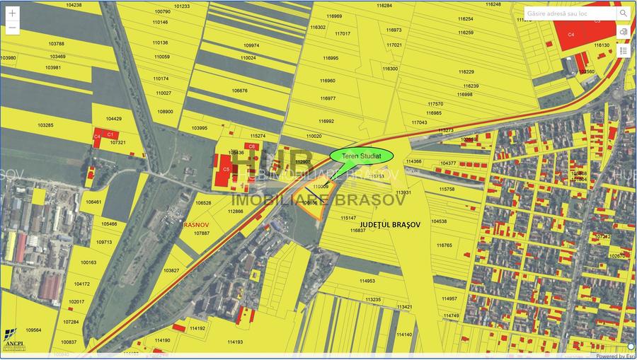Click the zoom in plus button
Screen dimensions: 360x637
click(x=12, y=13)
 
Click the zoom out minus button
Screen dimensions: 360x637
click(x=12, y=28)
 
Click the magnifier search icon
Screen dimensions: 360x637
click(x=624, y=13)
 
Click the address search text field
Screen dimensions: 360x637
click(x=570, y=13)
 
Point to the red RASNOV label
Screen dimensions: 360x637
click(x=194, y=224)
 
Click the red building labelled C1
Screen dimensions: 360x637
click(x=110, y=133)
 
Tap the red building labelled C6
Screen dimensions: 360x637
click(x=250, y=146)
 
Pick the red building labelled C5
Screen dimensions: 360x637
click(x=226, y=170)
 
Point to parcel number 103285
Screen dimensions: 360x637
click(x=45, y=125)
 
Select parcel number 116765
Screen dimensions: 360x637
click(x=444, y=245)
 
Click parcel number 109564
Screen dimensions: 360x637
click(x=33, y=330)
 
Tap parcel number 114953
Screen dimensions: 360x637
click(x=367, y=281)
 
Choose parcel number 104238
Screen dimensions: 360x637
click(x=74, y=4)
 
